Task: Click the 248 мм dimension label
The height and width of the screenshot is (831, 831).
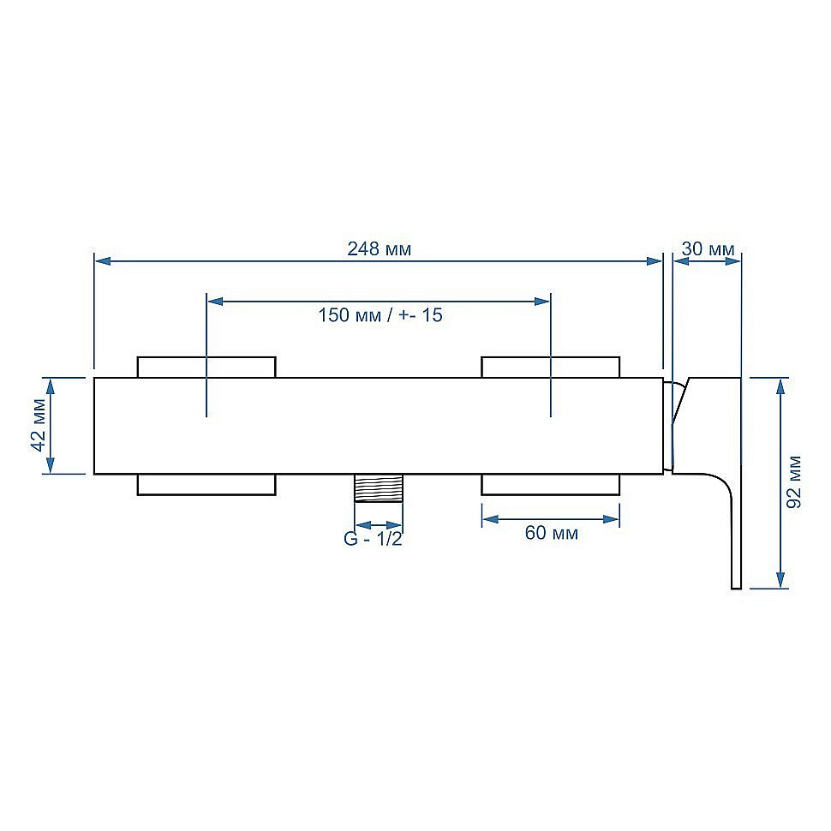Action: [379, 248]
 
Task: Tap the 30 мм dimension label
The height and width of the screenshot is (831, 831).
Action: [708, 248]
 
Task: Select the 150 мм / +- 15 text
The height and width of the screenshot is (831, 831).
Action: [380, 315]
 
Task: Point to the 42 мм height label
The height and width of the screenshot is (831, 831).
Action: [39, 425]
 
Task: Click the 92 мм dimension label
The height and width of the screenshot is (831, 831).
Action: [793, 482]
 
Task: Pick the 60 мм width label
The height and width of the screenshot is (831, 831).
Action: [551, 533]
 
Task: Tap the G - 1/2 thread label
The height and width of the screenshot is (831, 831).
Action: [373, 539]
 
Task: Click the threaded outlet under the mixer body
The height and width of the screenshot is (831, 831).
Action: [379, 487]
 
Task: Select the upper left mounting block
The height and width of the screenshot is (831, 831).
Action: [206, 368]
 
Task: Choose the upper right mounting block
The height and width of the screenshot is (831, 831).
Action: [551, 368]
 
